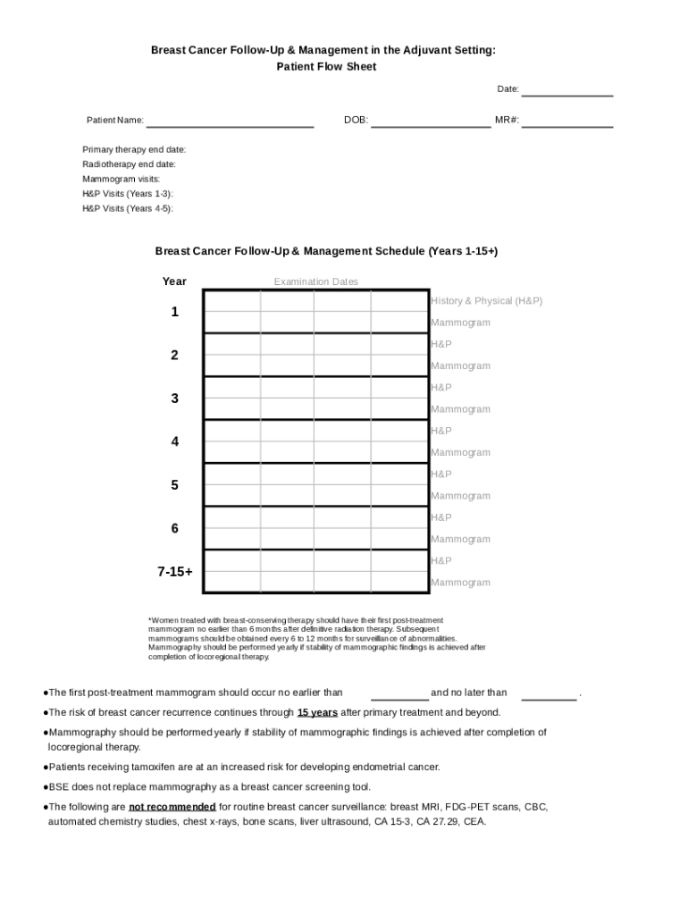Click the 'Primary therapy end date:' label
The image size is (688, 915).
(x=134, y=149)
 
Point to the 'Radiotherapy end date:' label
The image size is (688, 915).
(x=129, y=164)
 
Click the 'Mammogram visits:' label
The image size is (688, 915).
(x=122, y=179)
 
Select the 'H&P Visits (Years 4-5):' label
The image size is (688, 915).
(x=128, y=208)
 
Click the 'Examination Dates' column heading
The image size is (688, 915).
(x=315, y=281)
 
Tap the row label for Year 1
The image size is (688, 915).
(x=175, y=312)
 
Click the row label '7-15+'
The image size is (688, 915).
(x=175, y=571)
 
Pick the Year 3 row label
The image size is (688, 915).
(x=175, y=399)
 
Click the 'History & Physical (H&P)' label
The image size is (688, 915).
(x=486, y=301)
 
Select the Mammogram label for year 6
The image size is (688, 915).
(x=460, y=539)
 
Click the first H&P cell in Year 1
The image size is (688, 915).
(x=232, y=301)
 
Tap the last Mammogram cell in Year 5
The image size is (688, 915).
(x=399, y=495)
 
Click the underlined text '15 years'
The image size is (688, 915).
(x=317, y=712)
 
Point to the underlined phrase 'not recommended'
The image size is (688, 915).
(x=172, y=806)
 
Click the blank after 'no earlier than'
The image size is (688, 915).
(x=399, y=693)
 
